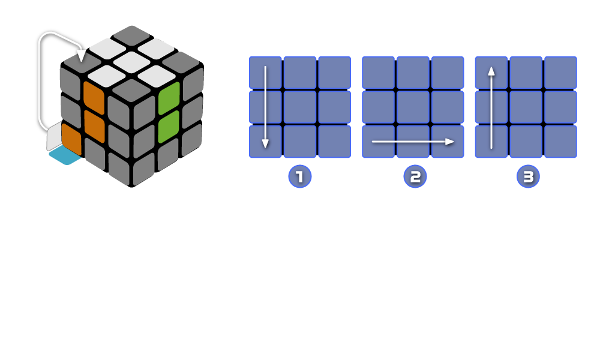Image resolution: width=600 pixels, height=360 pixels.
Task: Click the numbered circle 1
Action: pos(299,176)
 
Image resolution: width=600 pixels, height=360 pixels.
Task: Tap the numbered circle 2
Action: pos(415,176)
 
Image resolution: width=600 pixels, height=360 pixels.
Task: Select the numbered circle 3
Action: pos(528,176)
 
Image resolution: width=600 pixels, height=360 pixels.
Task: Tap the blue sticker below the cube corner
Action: pos(65,155)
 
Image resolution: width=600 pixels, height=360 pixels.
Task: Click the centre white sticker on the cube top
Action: pos(131,61)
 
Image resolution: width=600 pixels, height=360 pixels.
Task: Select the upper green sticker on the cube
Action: pos(169,98)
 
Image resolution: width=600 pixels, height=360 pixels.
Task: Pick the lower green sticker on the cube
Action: pos(169,127)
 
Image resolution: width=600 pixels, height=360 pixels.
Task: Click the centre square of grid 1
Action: pos(299,107)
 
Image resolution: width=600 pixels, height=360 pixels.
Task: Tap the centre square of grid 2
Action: pos(413,107)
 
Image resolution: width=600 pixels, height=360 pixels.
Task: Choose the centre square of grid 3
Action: pos(526,107)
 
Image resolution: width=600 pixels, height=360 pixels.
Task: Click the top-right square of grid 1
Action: pos(334,73)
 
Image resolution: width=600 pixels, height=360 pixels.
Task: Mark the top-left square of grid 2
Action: pos(378,73)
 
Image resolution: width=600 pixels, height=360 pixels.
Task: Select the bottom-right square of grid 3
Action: pos(560,142)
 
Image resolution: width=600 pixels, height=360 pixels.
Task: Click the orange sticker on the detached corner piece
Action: pos(71,139)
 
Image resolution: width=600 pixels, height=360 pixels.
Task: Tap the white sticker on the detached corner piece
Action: pos(54,137)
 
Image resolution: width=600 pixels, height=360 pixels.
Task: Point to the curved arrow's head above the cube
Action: pos(82,56)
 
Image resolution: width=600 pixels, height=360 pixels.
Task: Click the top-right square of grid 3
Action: pos(560,73)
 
